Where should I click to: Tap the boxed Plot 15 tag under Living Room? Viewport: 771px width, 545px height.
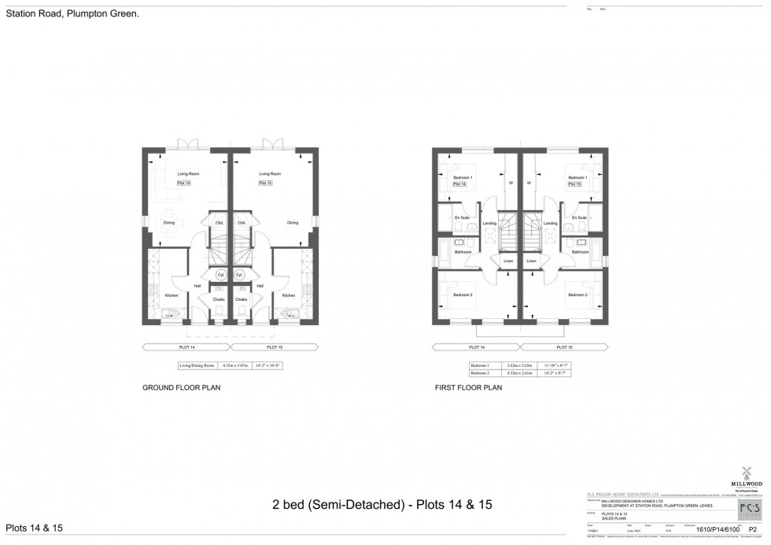(x=265, y=183)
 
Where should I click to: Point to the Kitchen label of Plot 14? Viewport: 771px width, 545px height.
(x=171, y=295)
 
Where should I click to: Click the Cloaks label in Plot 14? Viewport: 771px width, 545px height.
(x=219, y=299)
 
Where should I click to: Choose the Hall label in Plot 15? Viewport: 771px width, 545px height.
(x=259, y=286)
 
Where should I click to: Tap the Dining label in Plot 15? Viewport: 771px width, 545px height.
(x=293, y=223)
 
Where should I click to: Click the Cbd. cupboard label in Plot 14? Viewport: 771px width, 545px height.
(x=219, y=223)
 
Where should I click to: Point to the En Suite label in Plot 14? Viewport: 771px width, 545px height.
(x=462, y=217)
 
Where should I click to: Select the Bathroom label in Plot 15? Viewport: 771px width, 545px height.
(x=581, y=252)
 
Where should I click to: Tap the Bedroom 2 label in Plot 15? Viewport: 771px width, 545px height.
(x=578, y=295)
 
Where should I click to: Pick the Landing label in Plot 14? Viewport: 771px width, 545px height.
(x=489, y=224)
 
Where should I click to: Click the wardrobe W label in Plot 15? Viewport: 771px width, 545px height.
(x=529, y=184)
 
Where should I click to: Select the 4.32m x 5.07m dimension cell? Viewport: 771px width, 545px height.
(x=235, y=365)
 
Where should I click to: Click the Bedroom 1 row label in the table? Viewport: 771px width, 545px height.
(x=480, y=365)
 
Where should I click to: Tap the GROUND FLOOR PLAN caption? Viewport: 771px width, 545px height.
(x=180, y=387)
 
